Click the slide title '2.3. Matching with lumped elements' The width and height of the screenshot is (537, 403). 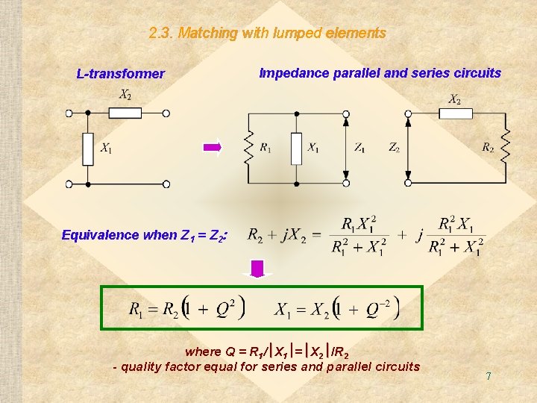267,34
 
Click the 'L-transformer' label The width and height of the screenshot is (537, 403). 120,74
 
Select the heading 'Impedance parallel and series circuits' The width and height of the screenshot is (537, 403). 380,73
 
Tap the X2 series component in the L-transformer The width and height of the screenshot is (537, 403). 125,113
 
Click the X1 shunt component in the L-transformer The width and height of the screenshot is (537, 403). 88,149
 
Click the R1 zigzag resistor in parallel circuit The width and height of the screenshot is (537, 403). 249,149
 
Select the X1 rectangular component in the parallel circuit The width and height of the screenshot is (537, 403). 297,149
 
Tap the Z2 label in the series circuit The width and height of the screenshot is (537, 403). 394,149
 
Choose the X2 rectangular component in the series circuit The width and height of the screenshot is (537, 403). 455,113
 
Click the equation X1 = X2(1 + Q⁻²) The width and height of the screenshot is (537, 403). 337,308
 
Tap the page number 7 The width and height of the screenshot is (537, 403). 488,376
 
